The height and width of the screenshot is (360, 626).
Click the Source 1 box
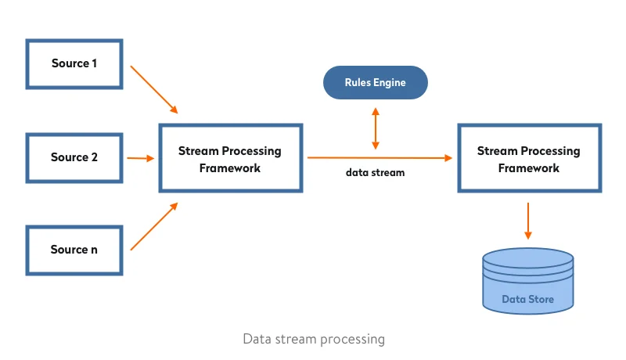[74, 63]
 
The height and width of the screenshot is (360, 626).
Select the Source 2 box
[74, 157]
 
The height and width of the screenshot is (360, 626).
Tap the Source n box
[74, 250]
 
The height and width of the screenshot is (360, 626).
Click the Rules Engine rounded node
[376, 83]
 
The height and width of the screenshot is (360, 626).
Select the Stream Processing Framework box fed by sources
[230, 158]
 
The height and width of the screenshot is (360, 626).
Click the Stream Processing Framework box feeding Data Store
[529, 158]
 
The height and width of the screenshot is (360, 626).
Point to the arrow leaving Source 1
[154, 88]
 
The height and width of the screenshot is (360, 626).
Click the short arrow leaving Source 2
[141, 158]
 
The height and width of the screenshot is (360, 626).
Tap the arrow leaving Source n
[154, 226]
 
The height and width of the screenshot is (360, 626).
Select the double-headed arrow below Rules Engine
[376, 128]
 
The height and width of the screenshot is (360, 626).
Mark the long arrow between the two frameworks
[380, 158]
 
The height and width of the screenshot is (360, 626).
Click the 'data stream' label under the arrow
[376, 172]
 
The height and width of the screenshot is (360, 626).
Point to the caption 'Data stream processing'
[314, 339]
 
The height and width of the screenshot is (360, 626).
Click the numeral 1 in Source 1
[94, 63]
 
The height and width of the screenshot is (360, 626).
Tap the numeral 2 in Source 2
[94, 157]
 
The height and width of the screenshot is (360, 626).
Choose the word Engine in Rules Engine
[389, 83]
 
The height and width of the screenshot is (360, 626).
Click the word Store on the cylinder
[541, 300]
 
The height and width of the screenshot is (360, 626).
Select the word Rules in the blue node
[358, 83]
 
